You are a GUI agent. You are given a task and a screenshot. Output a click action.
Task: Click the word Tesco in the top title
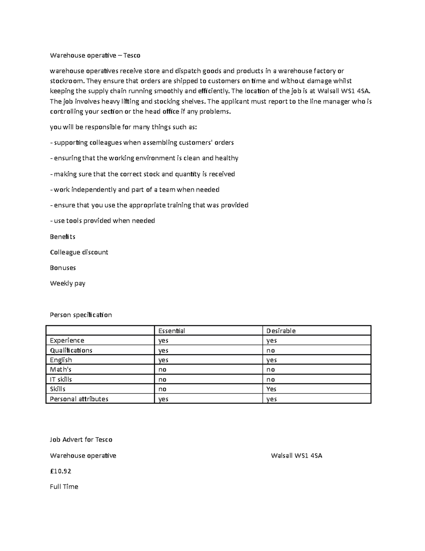(131, 55)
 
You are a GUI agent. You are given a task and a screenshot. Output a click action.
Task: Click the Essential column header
(171, 331)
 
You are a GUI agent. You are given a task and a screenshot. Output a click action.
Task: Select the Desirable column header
(281, 331)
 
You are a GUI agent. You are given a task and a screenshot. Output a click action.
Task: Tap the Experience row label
(67, 341)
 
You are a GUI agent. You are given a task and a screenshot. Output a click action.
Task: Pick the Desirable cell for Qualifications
(271, 351)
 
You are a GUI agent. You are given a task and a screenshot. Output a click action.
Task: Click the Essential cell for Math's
(162, 370)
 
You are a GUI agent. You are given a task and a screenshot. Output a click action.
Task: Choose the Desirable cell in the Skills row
(271, 389)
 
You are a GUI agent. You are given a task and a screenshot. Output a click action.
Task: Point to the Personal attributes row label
(79, 399)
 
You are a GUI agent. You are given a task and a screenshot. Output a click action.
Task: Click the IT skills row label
(61, 380)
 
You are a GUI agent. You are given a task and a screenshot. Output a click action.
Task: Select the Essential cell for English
(163, 360)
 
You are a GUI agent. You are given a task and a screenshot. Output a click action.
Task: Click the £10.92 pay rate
(61, 471)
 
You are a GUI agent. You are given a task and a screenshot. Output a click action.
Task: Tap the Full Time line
(64, 487)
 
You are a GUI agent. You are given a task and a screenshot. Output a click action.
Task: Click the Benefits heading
(62, 237)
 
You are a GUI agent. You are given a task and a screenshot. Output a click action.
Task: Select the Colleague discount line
(79, 252)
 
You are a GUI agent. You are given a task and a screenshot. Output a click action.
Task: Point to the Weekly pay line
(67, 283)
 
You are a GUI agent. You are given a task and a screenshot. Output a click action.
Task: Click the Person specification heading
(81, 315)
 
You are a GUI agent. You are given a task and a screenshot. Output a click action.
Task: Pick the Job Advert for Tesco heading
(81, 440)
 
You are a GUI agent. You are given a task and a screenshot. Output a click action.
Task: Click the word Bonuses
(63, 268)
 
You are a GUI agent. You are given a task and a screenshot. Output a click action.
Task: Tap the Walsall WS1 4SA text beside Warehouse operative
(296, 456)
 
